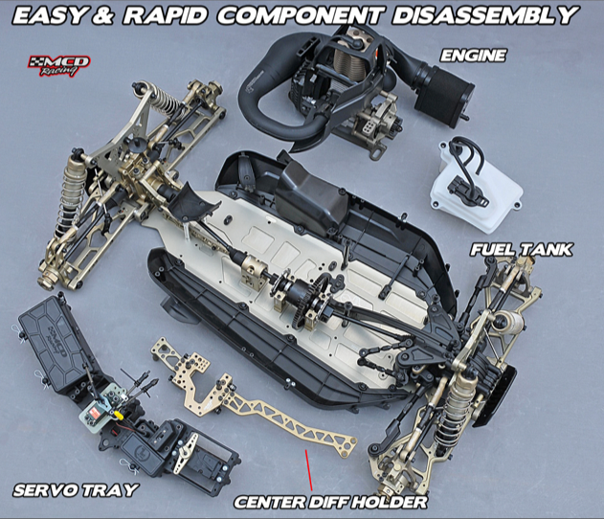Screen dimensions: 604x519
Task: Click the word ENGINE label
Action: pyautogui.click(x=473, y=56)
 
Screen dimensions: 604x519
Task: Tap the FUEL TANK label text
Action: pyautogui.click(x=521, y=250)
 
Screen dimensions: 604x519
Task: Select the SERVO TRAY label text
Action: pyautogui.click(x=75, y=490)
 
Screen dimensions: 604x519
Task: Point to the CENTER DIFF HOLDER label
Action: pyautogui.click(x=330, y=502)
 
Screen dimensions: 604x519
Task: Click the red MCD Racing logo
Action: pyautogui.click(x=59, y=65)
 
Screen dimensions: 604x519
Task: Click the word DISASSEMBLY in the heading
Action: pyautogui.click(x=485, y=15)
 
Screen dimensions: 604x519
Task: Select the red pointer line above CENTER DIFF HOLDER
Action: pyautogui.click(x=308, y=470)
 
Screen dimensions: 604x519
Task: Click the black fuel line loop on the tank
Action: pyautogui.click(x=467, y=158)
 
